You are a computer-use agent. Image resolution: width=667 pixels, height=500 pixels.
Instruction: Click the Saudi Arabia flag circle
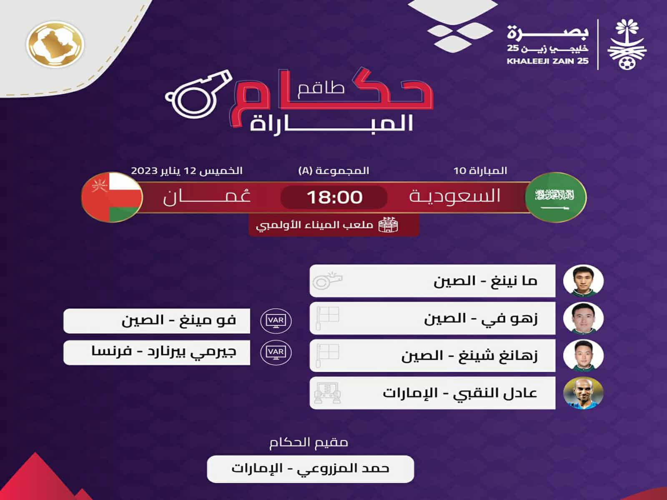tap(555, 197)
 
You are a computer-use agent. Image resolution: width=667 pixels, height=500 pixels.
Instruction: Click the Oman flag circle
tap(112, 197)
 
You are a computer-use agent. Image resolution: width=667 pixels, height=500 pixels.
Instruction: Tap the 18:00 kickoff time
tap(334, 197)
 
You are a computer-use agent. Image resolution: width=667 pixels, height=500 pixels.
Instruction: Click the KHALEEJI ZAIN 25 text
tap(547, 61)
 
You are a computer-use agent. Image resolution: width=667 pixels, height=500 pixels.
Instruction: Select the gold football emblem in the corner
tap(55, 44)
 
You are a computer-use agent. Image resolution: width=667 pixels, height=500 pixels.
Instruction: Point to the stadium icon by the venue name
tap(388, 225)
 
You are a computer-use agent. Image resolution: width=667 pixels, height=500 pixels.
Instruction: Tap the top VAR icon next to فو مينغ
tap(276, 320)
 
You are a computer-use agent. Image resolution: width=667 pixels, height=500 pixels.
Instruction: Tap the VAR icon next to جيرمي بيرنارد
tap(276, 352)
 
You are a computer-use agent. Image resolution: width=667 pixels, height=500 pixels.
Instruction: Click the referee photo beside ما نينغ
tap(583, 280)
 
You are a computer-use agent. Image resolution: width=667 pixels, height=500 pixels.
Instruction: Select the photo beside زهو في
tap(583, 318)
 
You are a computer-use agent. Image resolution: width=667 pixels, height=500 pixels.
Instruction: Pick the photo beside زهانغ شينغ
tap(583, 355)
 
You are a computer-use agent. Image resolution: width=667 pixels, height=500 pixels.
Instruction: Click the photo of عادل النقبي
tap(583, 393)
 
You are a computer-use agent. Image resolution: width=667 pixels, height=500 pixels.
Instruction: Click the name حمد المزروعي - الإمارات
tap(310, 469)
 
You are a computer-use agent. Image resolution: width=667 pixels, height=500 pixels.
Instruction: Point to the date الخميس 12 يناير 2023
tap(187, 171)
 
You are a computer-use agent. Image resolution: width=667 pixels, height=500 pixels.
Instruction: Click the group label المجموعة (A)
tap(333, 171)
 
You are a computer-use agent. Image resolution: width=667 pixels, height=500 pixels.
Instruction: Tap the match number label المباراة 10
tap(480, 171)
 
